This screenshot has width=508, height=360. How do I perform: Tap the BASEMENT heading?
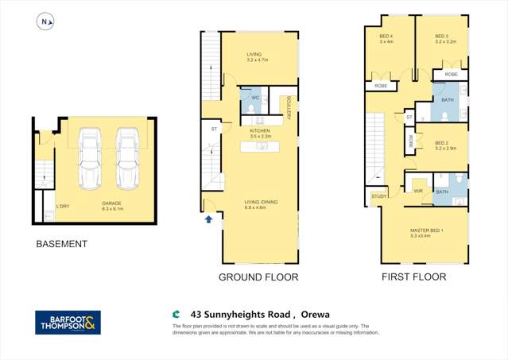(x=60, y=244)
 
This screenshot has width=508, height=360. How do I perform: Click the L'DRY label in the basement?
(x=62, y=207)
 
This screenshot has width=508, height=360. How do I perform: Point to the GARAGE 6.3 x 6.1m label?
(x=111, y=206)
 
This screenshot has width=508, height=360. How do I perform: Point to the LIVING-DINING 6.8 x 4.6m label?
(x=260, y=206)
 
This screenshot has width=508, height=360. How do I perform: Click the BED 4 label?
(x=386, y=39)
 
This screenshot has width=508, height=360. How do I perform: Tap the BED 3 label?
(x=444, y=39)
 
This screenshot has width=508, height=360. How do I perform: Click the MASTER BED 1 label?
(x=426, y=233)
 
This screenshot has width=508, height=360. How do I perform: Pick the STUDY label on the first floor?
(x=378, y=197)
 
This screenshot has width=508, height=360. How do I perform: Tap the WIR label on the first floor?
(x=417, y=191)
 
